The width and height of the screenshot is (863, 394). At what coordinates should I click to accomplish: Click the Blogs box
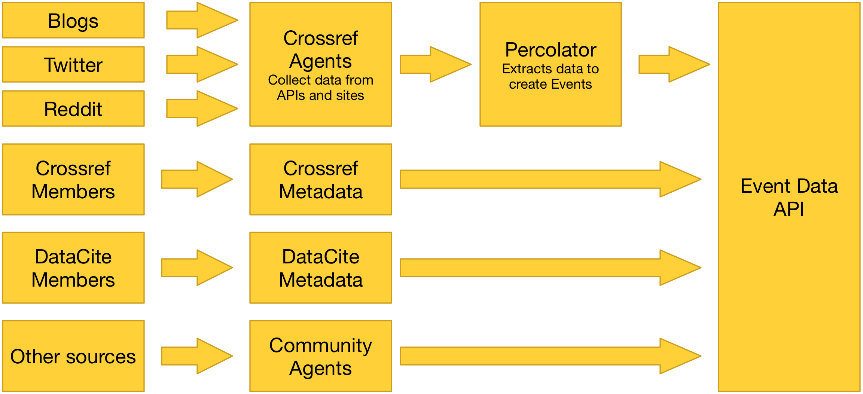pos(73,21)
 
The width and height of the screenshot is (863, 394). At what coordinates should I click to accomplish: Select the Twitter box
pos(73,64)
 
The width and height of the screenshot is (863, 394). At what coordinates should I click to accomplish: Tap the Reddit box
pos(73,109)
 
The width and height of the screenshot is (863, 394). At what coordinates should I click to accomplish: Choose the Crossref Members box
pos(73,180)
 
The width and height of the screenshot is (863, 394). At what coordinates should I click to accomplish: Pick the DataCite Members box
pos(73,268)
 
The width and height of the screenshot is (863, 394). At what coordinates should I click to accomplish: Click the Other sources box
pos(73,356)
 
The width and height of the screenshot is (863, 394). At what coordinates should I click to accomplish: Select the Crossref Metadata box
pos(321,180)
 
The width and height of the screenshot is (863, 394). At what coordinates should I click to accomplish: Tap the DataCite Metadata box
pos(321,268)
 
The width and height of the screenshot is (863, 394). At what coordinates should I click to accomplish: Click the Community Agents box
pos(321,356)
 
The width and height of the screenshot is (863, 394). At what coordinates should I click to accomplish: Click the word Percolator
pos(551,50)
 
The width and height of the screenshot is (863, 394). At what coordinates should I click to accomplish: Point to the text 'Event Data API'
pos(789,198)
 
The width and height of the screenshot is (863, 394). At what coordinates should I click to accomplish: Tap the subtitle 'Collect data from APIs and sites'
pos(321,88)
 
